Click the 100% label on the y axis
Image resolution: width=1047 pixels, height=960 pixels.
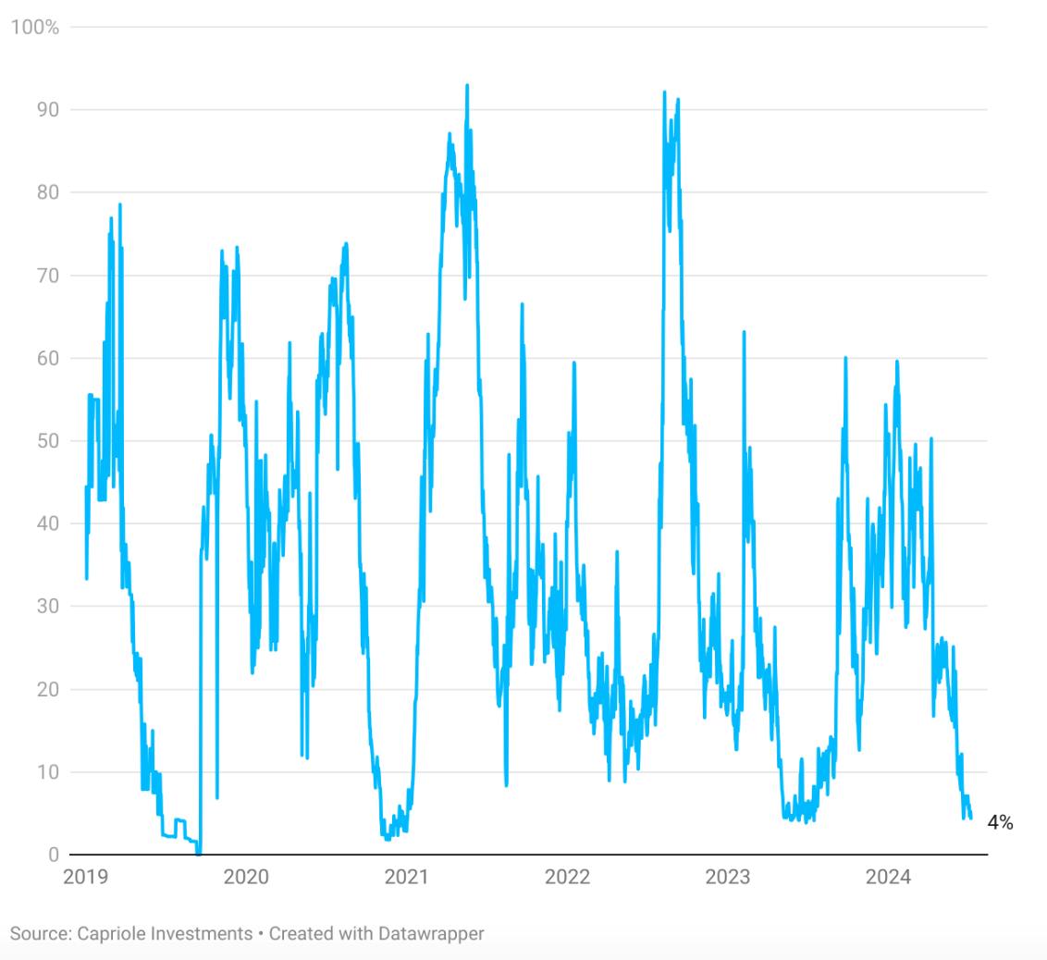[34, 28]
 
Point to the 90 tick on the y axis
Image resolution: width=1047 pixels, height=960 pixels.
[47, 110]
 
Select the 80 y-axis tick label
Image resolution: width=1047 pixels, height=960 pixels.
[47, 192]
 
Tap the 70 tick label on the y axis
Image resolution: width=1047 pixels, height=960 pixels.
[47, 276]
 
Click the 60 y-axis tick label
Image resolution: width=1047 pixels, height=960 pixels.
[47, 358]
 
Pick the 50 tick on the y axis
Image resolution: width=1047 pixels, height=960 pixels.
[47, 441]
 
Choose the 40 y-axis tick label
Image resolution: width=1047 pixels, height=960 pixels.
[47, 523]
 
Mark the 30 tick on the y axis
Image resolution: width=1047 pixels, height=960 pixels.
[47, 607]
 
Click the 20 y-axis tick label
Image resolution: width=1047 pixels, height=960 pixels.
[47, 689]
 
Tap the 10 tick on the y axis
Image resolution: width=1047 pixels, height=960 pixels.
[47, 772]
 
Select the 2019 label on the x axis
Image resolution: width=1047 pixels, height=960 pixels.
[85, 877]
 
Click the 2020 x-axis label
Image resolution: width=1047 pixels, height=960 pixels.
[246, 877]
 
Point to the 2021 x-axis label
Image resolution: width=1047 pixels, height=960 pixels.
[407, 877]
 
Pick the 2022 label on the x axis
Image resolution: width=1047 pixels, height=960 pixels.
[567, 877]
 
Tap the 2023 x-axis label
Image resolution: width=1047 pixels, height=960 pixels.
[728, 877]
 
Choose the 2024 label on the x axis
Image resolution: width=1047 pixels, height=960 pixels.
[889, 877]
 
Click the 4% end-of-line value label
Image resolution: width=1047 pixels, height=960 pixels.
[1000, 822]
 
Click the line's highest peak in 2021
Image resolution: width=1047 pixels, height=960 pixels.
[467, 85]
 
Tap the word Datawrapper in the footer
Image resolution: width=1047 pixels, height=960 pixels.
[430, 933]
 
